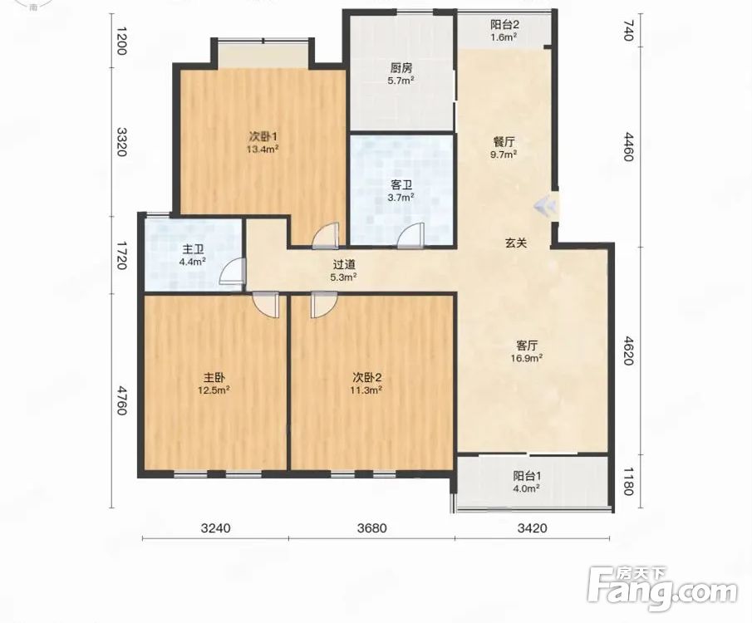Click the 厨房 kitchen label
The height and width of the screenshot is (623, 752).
point(401,68)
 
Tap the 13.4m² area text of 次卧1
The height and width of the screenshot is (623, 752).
point(263,150)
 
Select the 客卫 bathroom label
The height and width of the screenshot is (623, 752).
point(401,184)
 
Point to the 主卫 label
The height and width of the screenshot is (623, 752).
point(193,249)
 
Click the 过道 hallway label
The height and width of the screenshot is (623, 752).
point(344,264)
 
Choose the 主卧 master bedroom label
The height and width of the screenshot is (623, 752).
point(214,378)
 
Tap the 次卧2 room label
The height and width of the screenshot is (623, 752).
point(367,378)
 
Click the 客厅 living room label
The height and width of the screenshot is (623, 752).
point(526,346)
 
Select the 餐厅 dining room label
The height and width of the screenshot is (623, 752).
point(504,142)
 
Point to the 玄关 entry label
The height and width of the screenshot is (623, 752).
point(515,243)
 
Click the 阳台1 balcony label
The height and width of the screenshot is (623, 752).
point(527,476)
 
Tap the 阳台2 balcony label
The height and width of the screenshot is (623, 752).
point(504,24)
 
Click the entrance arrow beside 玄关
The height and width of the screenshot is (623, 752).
point(545,206)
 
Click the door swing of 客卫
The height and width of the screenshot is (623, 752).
point(411,235)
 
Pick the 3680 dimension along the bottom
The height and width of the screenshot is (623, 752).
point(371,528)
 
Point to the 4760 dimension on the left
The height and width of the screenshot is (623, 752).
point(120,400)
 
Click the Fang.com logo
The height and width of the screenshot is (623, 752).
point(662,589)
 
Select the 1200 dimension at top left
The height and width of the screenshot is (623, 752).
point(120,41)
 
